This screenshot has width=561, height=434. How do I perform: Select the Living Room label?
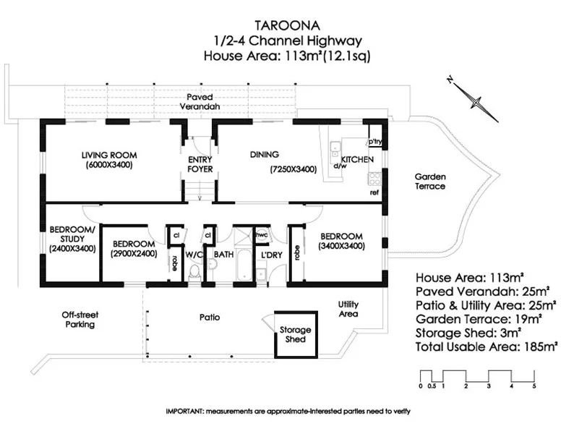pyautogui.click(x=108, y=155)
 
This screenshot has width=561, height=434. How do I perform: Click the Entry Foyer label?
pyautogui.click(x=200, y=164)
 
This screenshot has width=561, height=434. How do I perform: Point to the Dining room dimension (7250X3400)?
pyautogui.click(x=294, y=169)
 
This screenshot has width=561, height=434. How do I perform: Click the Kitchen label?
pyautogui.click(x=357, y=159)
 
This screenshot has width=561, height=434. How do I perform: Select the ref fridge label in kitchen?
pyautogui.click(x=374, y=193)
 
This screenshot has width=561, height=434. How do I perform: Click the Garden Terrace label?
pyautogui.click(x=430, y=181)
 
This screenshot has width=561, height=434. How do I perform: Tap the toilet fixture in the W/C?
pyautogui.click(x=194, y=272)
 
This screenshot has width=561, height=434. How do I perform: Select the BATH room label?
pyautogui.click(x=223, y=255)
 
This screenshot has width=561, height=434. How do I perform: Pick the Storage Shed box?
pyautogui.click(x=295, y=334)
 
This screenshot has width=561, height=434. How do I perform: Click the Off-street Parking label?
pyautogui.click(x=79, y=320)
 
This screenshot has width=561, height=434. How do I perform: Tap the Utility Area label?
pyautogui.click(x=348, y=309)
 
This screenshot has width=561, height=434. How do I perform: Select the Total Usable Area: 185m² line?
pyautogui.click(x=487, y=346)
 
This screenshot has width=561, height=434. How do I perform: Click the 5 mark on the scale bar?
pyautogui.click(x=534, y=386)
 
